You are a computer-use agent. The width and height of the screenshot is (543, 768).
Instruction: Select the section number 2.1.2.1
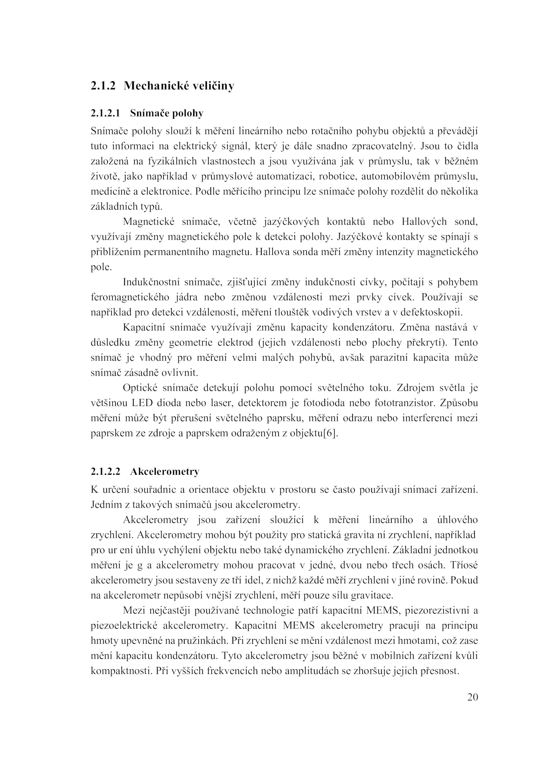pyautogui.click(x=105, y=113)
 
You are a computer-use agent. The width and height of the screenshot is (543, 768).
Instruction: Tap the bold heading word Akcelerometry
pyautogui.click(x=165, y=472)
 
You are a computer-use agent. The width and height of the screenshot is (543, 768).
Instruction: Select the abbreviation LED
pyautogui.click(x=142, y=403)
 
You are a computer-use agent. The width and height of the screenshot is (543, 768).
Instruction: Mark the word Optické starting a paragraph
pyautogui.click(x=139, y=388)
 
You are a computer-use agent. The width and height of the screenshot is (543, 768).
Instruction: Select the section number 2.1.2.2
pyautogui.click(x=106, y=472)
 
